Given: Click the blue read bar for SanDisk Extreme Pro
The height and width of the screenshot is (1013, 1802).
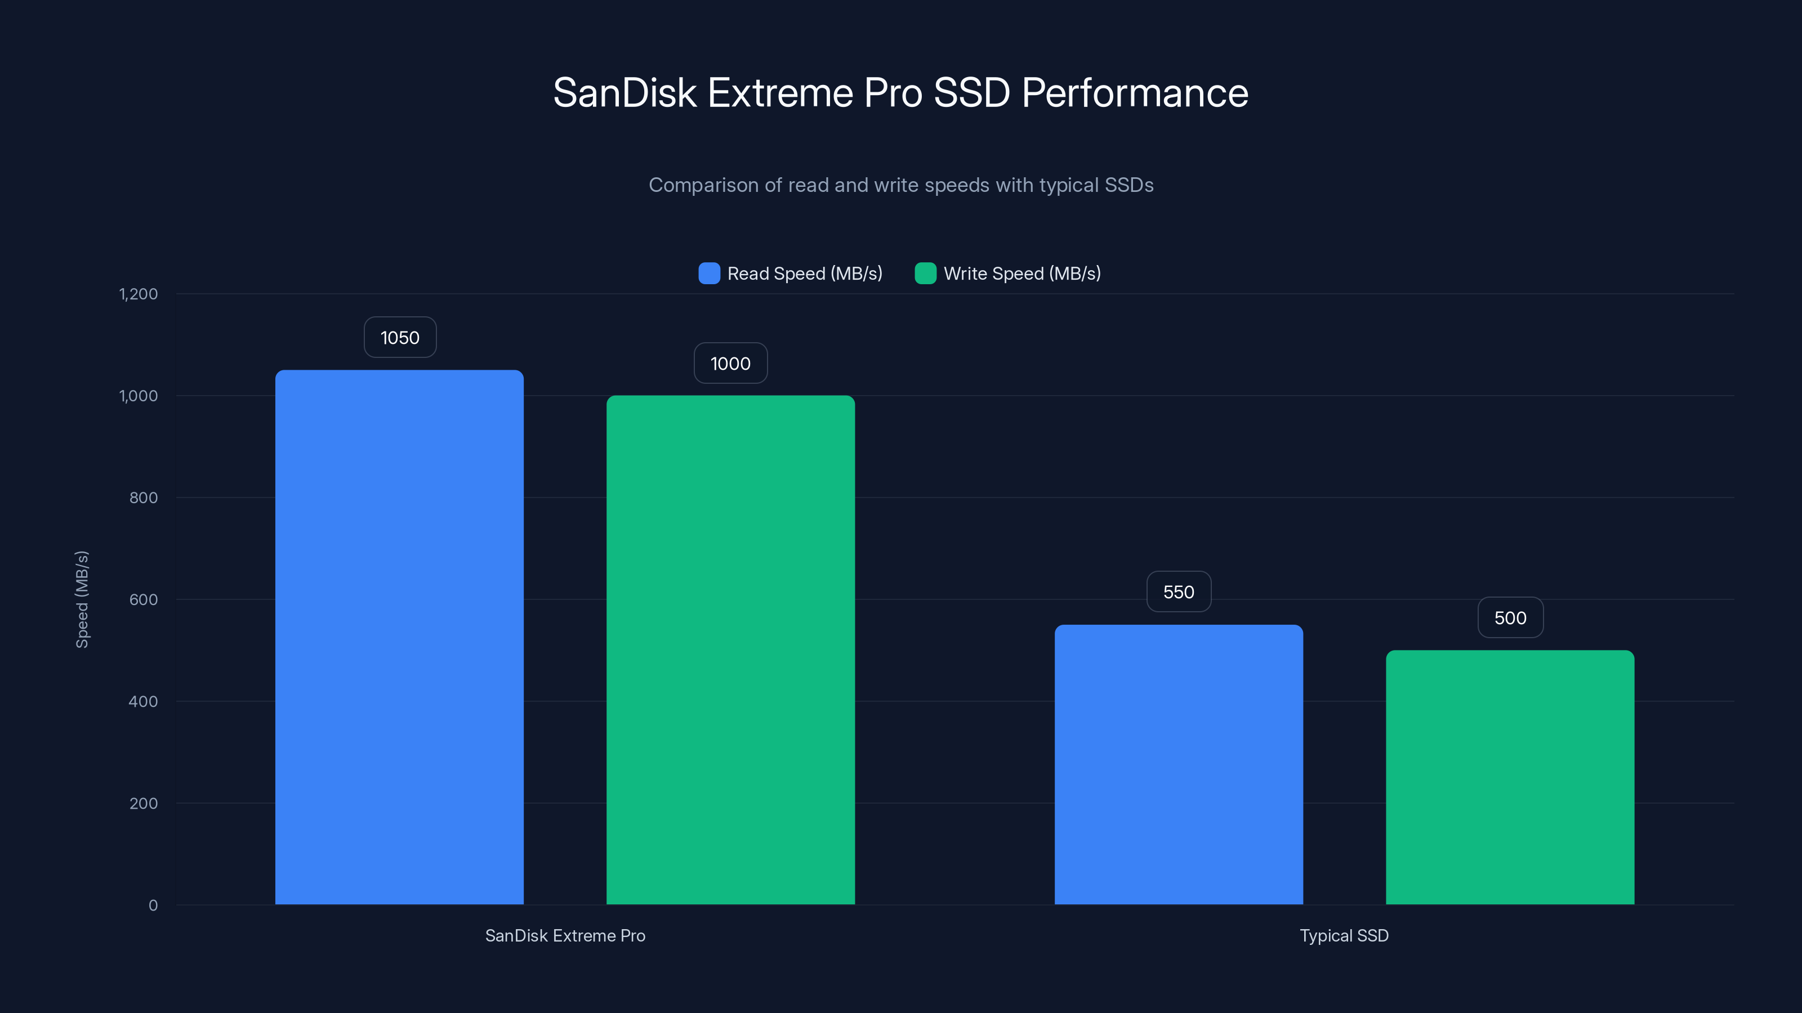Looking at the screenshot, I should click(399, 636).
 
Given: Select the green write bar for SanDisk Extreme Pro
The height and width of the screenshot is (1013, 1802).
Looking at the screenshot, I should click(730, 650).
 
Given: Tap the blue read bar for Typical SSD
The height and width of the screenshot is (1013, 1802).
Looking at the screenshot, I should click(1179, 764).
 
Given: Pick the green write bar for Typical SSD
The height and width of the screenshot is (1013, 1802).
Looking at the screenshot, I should click(1510, 777).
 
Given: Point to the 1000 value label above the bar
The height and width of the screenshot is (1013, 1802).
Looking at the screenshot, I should click(730, 364).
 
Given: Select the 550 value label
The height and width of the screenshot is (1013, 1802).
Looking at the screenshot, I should click(1179, 592).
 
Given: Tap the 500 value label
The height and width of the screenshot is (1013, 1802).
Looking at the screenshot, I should click(1510, 618).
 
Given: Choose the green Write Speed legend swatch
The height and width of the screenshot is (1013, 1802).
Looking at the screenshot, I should click(925, 274).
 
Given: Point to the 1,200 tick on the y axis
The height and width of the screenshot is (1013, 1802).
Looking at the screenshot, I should click(139, 294).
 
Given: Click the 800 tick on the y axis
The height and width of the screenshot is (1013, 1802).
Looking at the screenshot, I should click(144, 497).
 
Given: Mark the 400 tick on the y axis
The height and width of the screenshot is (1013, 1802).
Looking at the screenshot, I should click(144, 701).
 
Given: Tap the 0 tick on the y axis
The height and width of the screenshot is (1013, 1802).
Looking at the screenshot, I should click(153, 906).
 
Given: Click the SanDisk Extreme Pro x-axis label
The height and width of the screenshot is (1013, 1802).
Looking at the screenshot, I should click(565, 935).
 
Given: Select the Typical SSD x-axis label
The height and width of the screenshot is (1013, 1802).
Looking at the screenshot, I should click(1344, 935).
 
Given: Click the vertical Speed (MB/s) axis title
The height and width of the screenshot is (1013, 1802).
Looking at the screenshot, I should click(82, 599).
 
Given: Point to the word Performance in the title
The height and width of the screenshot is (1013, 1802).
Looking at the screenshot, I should click(1135, 93).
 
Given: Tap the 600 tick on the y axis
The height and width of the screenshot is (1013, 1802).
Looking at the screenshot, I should click(144, 599).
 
